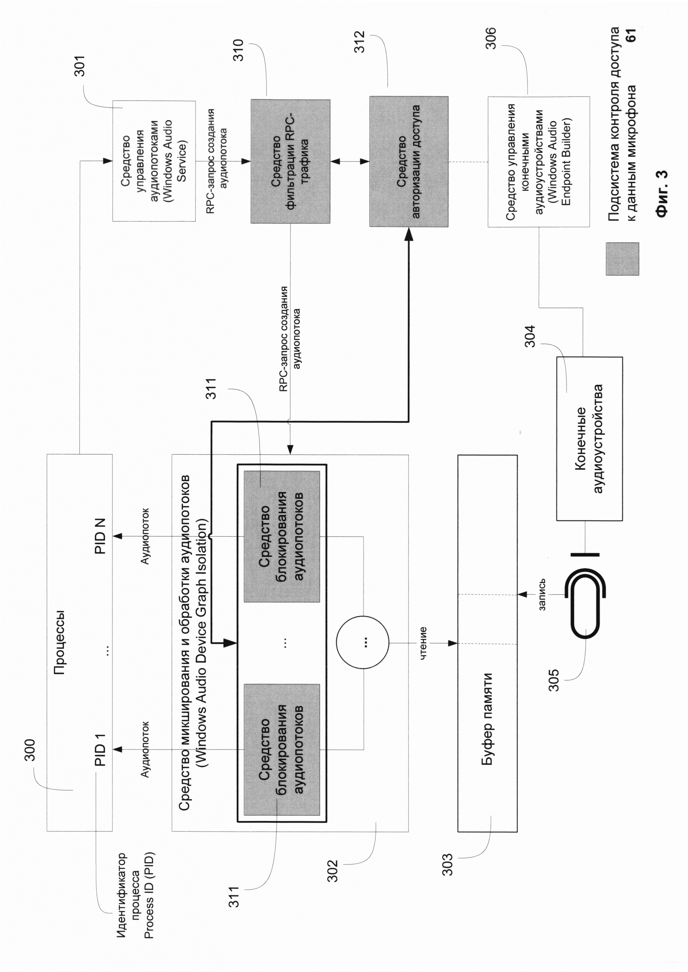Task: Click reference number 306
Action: coord(491,38)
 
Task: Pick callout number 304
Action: coord(530,336)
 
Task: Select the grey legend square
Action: coord(622,259)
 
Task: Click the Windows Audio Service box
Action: coord(154,161)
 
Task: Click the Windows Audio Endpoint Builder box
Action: coord(538,161)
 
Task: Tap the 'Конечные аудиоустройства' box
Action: coord(589,438)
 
